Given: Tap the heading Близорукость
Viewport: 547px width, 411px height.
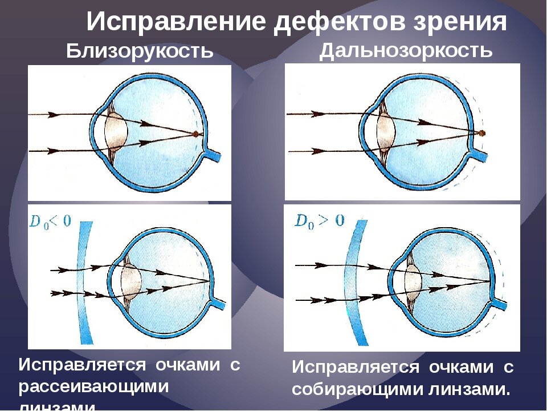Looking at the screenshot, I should (x=140, y=51).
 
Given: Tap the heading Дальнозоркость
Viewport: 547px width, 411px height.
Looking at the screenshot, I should (x=406, y=50).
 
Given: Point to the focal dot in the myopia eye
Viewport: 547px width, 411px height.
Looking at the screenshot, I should (x=195, y=134).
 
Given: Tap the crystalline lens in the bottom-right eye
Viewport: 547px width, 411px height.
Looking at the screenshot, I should (x=413, y=281).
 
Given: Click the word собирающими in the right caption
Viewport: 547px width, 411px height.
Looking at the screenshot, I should (x=356, y=390).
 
